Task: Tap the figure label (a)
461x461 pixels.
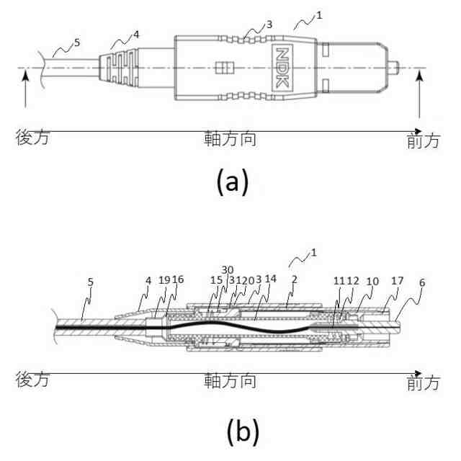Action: click(233, 183)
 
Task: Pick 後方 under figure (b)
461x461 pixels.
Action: click(32, 380)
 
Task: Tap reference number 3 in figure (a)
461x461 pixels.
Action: click(270, 24)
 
